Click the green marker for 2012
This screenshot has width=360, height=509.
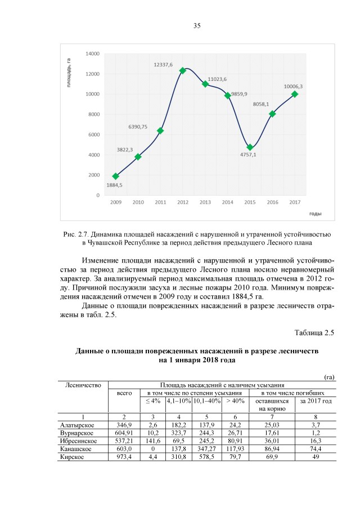(182, 70)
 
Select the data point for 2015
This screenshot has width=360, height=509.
(250, 147)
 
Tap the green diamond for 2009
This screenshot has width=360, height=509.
(115, 176)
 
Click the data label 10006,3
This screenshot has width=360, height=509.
(293, 86)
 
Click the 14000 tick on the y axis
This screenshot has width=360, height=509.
(93, 53)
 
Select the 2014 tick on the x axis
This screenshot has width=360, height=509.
(227, 202)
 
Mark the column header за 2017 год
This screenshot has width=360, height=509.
(316, 401)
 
